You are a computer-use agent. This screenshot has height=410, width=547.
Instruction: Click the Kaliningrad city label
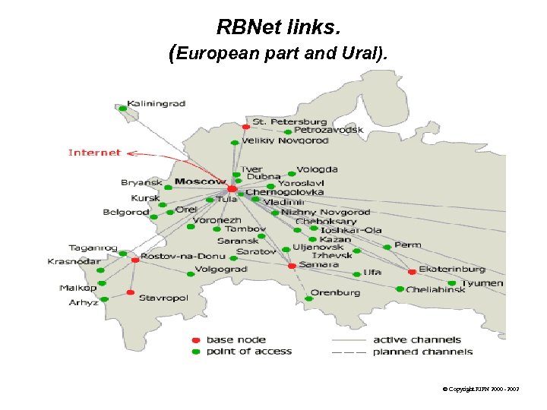(x=156, y=103)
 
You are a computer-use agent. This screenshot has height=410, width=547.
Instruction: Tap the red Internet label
(x=94, y=153)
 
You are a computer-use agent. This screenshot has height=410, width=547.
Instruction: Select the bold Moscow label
(x=201, y=181)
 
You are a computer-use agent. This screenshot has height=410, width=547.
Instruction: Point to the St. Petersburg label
(x=289, y=121)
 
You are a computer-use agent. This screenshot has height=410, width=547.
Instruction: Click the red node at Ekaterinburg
(x=412, y=271)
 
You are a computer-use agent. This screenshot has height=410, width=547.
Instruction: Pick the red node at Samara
(x=291, y=266)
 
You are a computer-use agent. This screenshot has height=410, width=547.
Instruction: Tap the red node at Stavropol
(x=131, y=292)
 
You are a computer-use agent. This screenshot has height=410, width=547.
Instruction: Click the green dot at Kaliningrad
(x=122, y=109)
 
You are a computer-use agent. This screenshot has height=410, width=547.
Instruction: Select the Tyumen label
(x=482, y=283)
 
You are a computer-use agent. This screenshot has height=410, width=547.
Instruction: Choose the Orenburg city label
(x=335, y=292)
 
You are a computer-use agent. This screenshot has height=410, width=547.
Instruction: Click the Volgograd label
(x=221, y=270)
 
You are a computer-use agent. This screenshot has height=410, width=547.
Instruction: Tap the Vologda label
(x=317, y=170)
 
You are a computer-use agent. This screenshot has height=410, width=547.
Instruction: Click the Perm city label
(x=407, y=245)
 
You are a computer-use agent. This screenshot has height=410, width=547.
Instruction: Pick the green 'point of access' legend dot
(x=196, y=352)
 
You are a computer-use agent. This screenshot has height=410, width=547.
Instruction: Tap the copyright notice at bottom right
(x=480, y=389)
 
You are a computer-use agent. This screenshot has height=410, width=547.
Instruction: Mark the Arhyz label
(x=84, y=302)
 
